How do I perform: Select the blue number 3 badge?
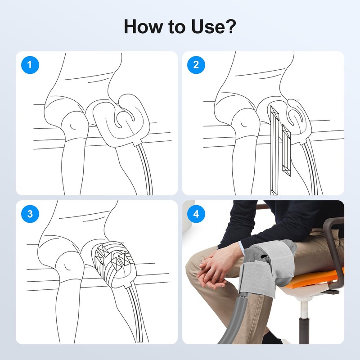[30, 214]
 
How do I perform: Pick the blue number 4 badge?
[196, 214]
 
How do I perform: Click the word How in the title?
[143, 27]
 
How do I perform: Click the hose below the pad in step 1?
[144, 171]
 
